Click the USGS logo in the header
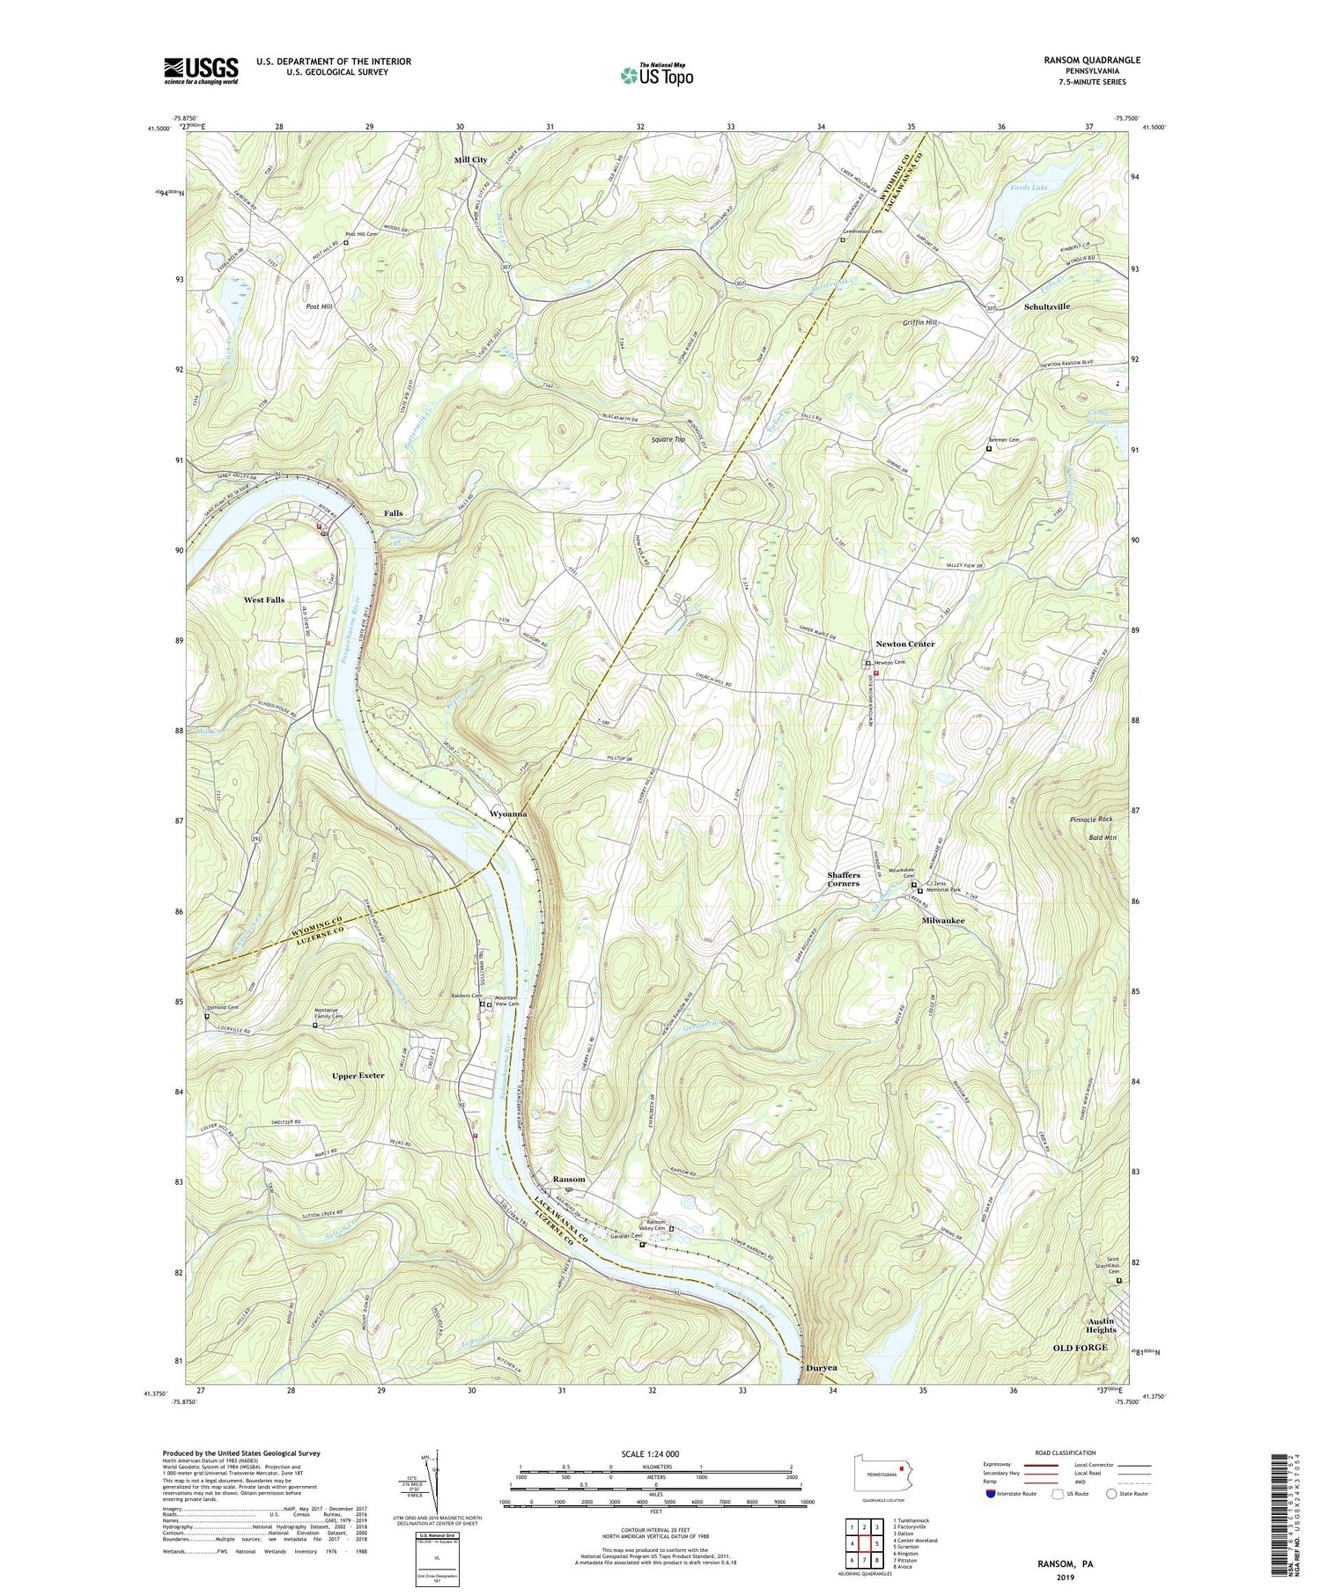tap(201, 70)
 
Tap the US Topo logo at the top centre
tap(656, 76)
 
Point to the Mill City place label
tap(470, 159)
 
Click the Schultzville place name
tap(1047, 306)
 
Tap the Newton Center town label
tap(904, 644)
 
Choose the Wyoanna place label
tap(508, 814)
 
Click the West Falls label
tap(264, 599)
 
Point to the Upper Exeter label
tap(358, 1076)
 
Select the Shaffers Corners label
tap(843, 879)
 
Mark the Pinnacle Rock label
tap(1091, 820)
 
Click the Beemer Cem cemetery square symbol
tap(988, 449)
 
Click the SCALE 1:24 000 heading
tap(655, 1453)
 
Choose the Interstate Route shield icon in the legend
tap(992, 1494)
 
